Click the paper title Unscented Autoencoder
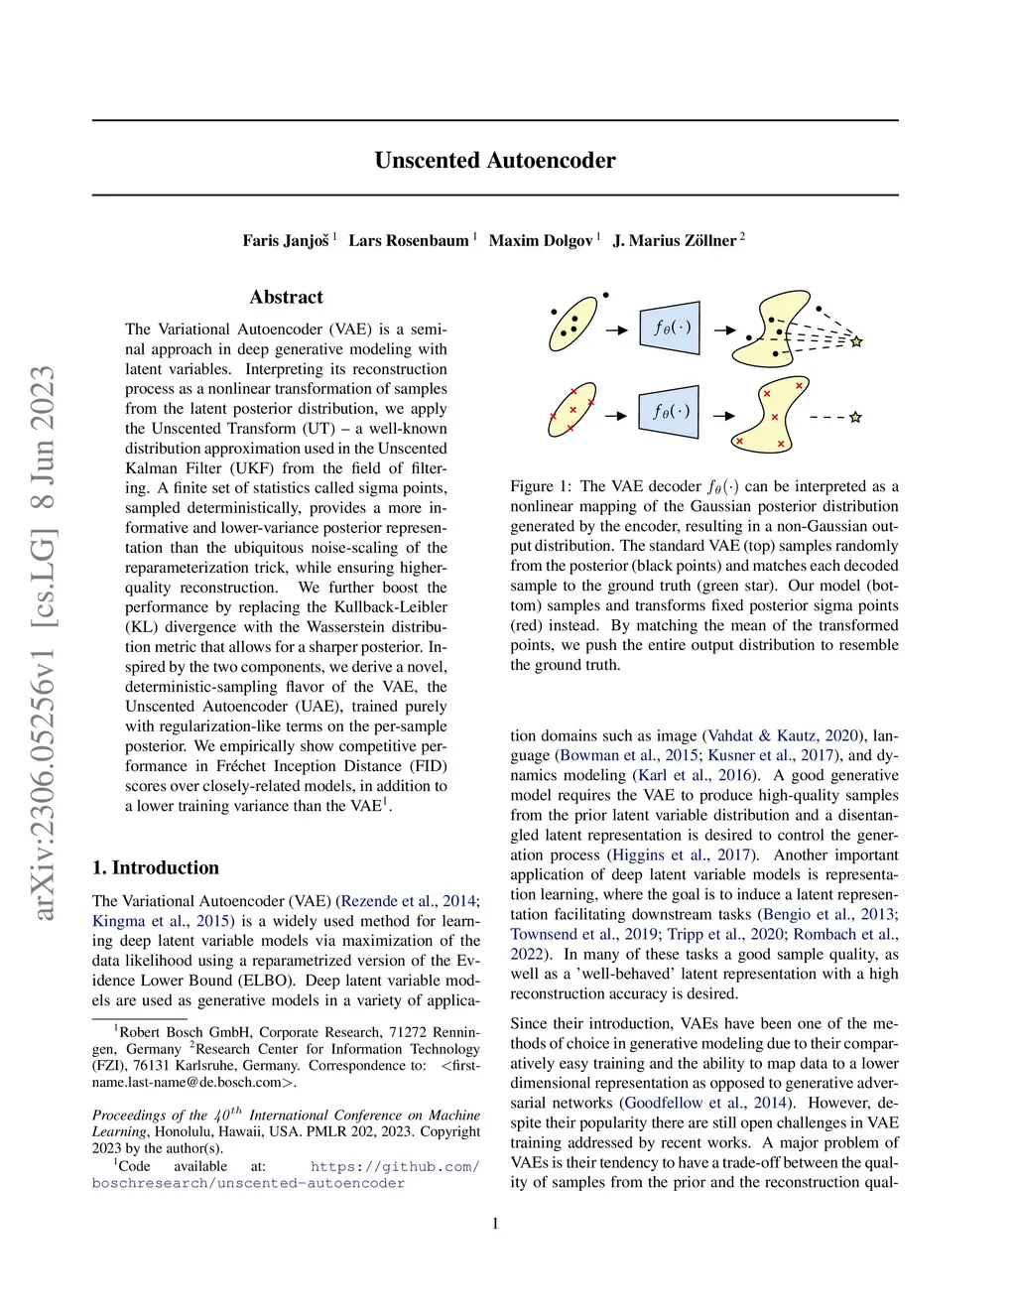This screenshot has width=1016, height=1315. (495, 161)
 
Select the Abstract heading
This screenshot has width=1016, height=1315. (286, 297)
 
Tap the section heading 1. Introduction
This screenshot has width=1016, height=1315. (156, 867)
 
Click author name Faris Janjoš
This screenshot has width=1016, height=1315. (286, 240)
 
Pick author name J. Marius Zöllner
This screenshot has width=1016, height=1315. (675, 240)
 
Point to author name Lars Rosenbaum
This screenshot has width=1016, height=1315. (408, 240)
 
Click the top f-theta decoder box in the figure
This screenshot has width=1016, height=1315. (671, 328)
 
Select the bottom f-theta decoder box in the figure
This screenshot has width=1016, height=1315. (671, 411)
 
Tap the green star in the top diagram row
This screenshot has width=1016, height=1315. (856, 341)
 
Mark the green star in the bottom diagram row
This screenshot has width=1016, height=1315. (855, 418)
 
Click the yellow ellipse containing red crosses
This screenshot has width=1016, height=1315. (572, 409)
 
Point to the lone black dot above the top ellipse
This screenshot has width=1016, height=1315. (606, 296)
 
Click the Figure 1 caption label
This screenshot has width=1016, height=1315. (541, 486)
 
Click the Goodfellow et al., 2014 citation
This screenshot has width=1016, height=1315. (706, 1103)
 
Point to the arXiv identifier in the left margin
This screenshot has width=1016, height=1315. (45, 642)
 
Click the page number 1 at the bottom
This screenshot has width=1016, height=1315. (495, 1224)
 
